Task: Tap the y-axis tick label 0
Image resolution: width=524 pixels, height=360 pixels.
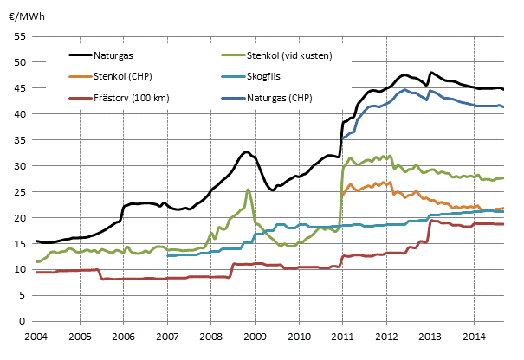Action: tap(24, 322)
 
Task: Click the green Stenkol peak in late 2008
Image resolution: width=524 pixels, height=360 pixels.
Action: tap(248, 190)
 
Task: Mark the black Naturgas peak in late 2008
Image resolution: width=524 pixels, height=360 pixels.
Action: tap(246, 152)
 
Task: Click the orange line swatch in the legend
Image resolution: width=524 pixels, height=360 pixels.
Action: tap(82, 76)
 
